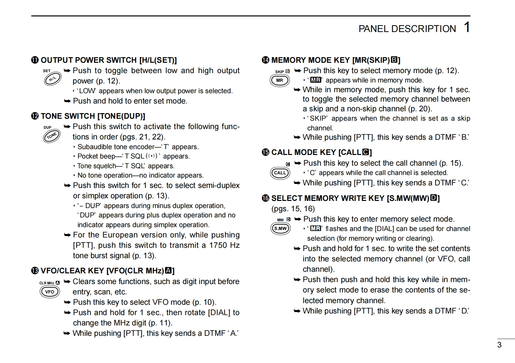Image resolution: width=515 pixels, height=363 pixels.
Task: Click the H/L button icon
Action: (x=52, y=79)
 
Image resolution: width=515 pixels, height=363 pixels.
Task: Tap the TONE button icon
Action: (x=52, y=136)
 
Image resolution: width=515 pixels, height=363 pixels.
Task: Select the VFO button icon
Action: (x=50, y=292)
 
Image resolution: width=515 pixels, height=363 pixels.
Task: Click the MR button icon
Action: (x=280, y=81)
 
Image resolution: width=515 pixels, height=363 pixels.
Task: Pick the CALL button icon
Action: (x=280, y=173)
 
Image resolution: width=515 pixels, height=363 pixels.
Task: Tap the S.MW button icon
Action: (x=280, y=229)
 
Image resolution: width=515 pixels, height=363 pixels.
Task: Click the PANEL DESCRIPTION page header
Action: (x=407, y=29)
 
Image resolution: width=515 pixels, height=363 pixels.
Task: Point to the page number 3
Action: (x=499, y=345)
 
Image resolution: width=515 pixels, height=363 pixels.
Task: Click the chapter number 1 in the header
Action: (x=467, y=27)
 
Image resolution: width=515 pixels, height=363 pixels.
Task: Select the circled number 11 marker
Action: (x=35, y=60)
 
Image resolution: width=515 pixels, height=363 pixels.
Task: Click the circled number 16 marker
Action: (x=266, y=198)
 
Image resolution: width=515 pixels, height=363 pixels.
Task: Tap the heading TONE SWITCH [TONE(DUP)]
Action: (x=93, y=116)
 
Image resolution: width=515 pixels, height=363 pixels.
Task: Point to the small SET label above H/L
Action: (x=47, y=71)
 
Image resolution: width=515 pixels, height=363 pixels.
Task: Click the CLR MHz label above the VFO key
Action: (x=47, y=283)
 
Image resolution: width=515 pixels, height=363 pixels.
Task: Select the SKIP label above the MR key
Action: (x=279, y=72)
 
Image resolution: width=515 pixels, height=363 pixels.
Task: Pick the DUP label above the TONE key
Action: (x=47, y=127)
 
